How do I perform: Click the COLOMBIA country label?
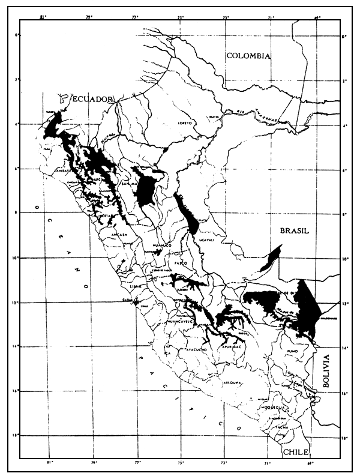pos(249,56)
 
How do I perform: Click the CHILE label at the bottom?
pos(296,451)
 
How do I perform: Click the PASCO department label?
pos(181,264)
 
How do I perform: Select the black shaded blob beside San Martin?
pos(146,189)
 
